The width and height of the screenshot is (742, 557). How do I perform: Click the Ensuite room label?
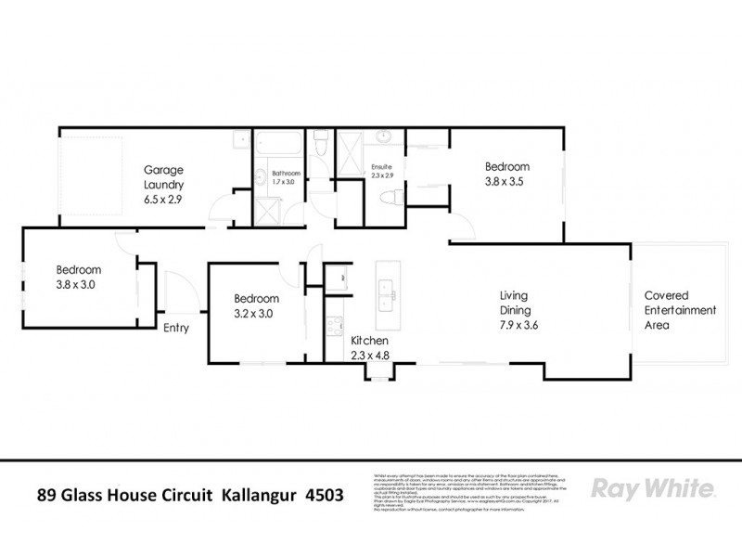click(x=382, y=166)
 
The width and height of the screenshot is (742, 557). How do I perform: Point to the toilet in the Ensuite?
click(x=390, y=198)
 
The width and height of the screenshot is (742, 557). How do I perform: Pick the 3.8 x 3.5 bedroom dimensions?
click(x=505, y=183)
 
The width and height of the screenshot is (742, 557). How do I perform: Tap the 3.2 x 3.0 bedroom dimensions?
click(x=256, y=313)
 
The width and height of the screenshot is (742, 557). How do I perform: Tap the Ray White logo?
click(x=652, y=489)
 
